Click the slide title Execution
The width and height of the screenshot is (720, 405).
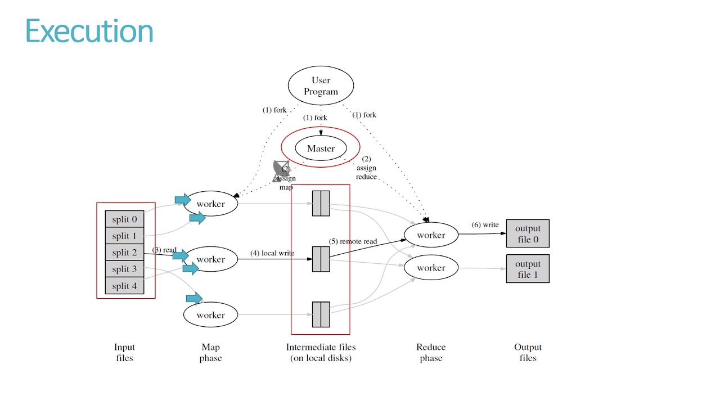coord(89,31)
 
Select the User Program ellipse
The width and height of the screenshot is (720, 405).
coord(321,85)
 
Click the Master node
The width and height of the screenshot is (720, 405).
coord(321,148)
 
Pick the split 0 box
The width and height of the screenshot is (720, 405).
coord(124,219)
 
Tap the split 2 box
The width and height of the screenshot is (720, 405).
coord(124,253)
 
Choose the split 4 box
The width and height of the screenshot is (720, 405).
coord(124,286)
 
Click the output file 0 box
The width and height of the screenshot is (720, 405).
coord(528,233)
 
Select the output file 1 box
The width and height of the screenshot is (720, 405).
coord(528,269)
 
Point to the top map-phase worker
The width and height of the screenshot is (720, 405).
coord(211,204)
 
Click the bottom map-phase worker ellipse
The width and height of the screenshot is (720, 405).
coord(211,315)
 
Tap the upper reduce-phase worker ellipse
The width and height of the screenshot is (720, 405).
coord(431,235)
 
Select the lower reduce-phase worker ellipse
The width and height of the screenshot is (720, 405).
coord(431,268)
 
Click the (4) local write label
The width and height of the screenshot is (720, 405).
coord(272,253)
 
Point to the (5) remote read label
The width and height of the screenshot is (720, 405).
coord(353,241)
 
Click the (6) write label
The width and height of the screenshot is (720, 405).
coord(485,225)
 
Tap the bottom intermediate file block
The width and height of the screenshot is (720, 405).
coord(321,314)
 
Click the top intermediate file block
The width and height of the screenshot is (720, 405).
coord(321,204)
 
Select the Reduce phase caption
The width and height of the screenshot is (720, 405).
coord(431,353)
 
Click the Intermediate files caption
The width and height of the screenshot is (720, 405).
coord(321,353)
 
